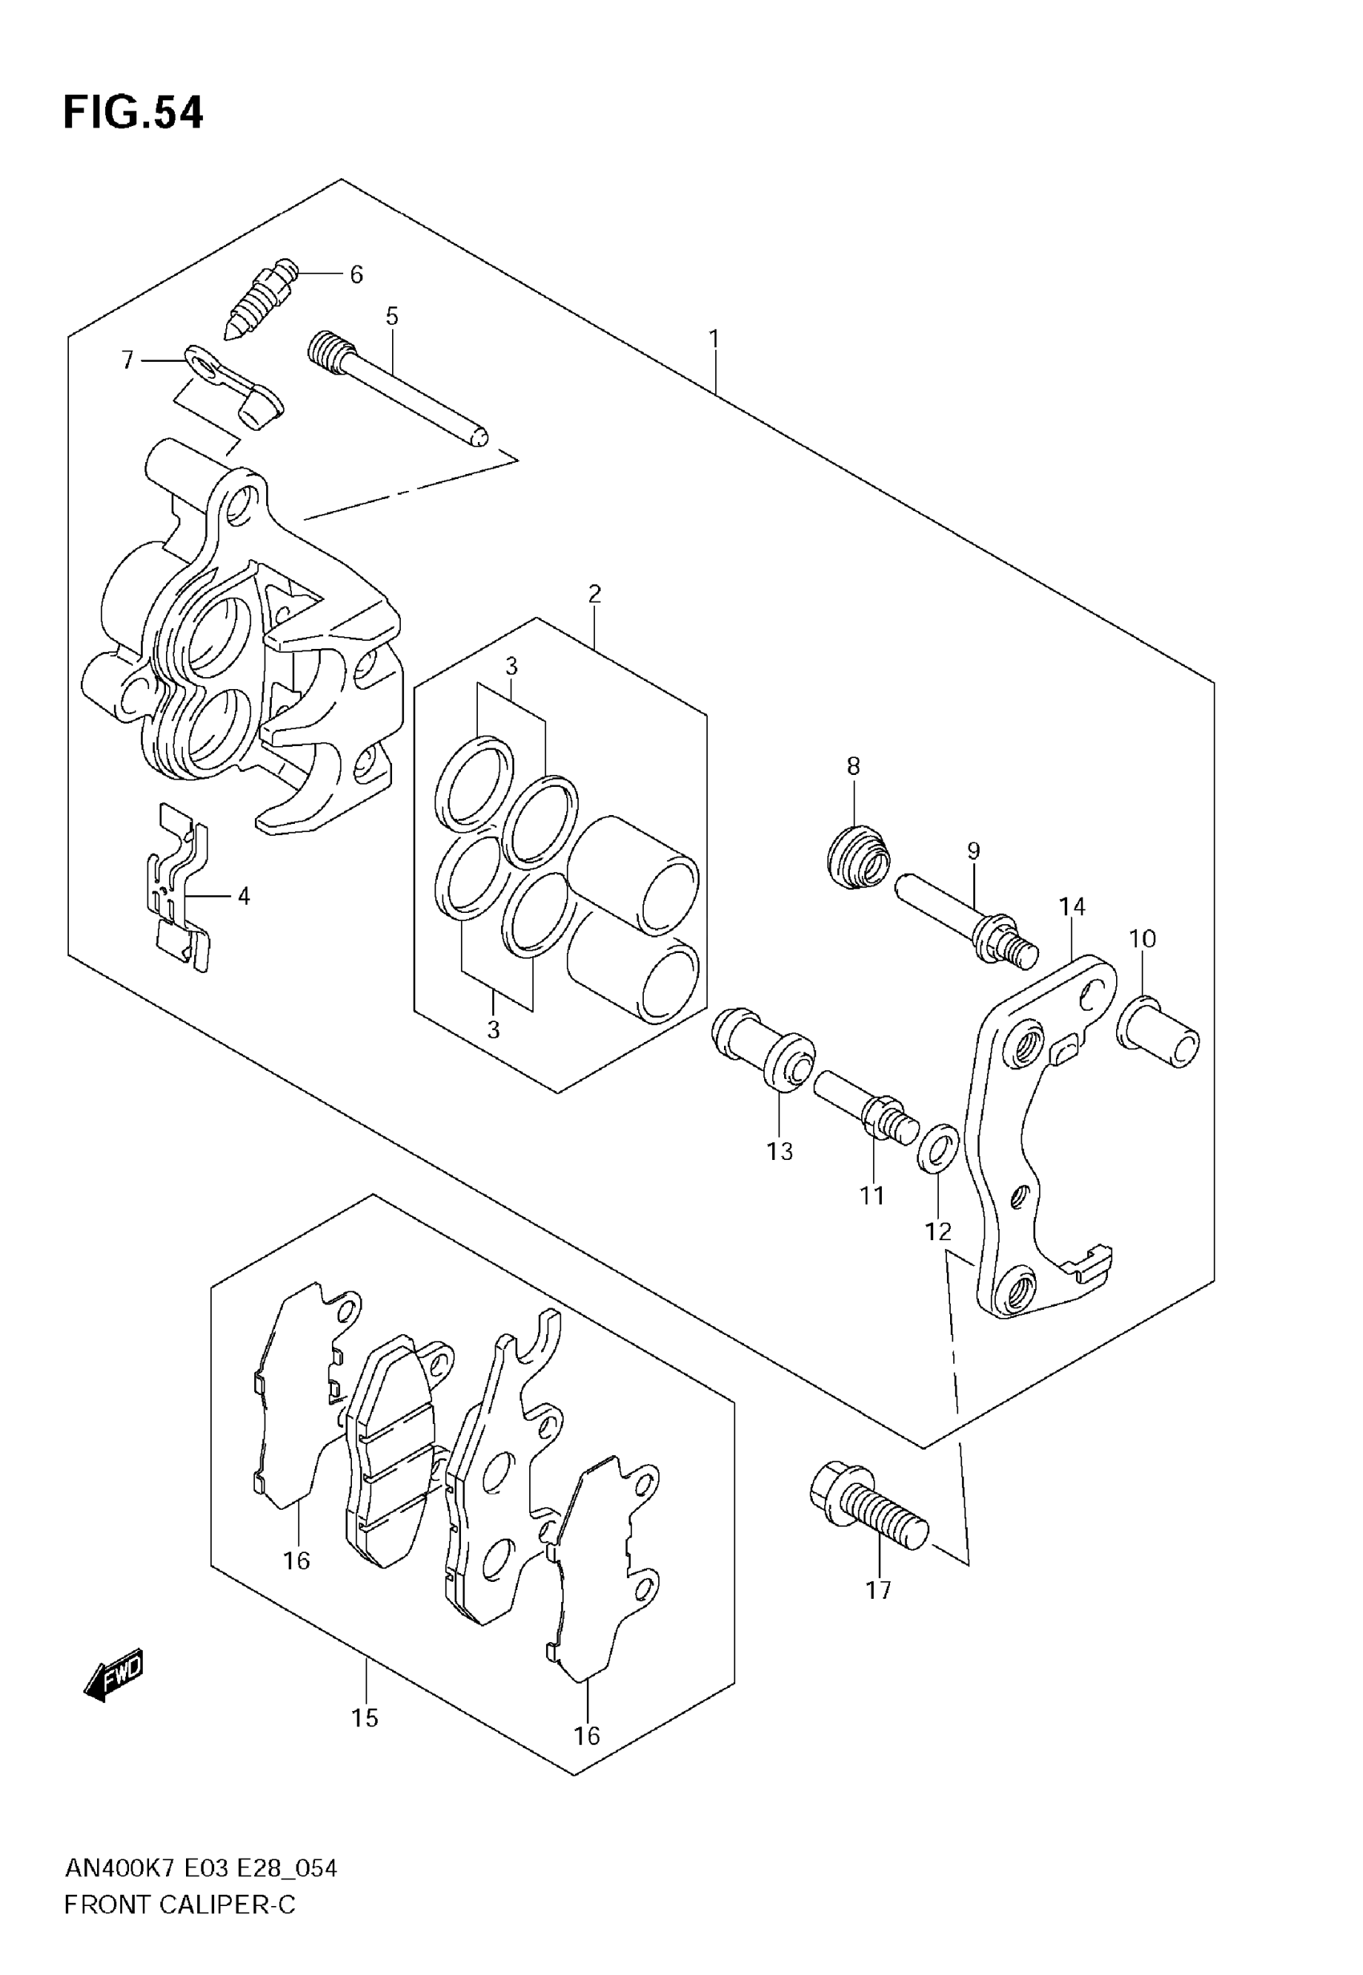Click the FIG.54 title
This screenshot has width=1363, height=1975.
[133, 113]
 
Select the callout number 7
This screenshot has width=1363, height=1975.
[128, 360]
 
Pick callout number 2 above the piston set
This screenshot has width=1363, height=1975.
[594, 593]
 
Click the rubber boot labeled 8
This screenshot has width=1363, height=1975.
[858, 856]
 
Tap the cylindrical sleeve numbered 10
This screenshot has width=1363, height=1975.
[1159, 1032]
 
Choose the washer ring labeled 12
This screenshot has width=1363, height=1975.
[938, 1149]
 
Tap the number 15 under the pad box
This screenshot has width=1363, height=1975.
[365, 1717]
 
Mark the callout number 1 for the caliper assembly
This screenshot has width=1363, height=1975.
[714, 339]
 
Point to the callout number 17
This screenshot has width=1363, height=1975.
[878, 1590]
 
